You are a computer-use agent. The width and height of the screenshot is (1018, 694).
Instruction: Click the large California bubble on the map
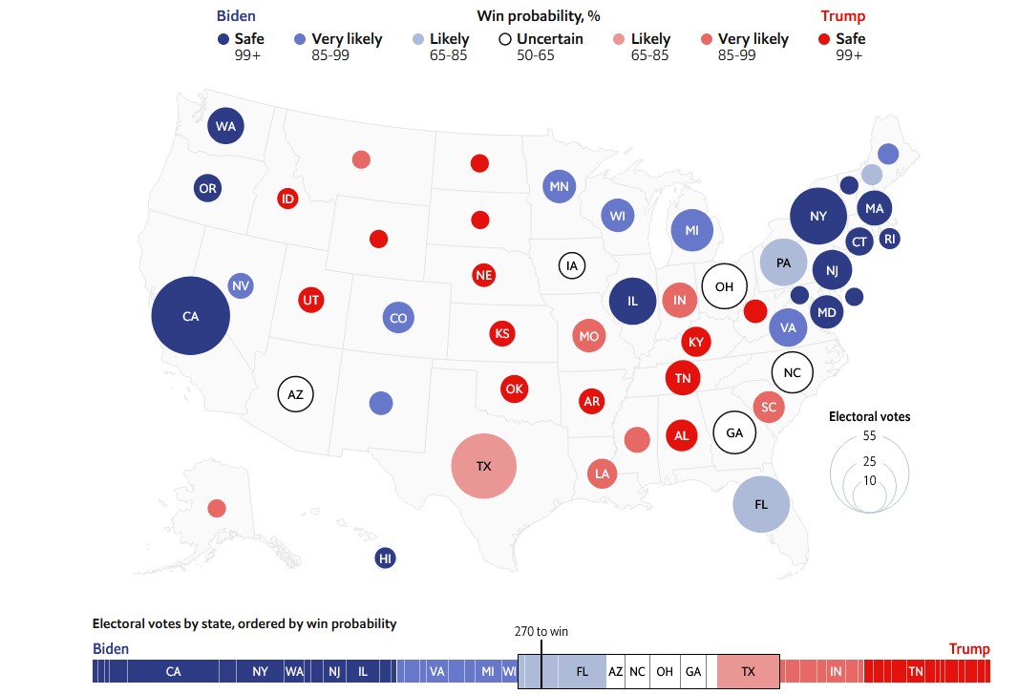click(x=191, y=316)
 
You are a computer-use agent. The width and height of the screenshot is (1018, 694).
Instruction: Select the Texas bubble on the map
click(x=483, y=467)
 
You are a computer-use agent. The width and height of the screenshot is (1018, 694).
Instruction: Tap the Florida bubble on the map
click(x=762, y=503)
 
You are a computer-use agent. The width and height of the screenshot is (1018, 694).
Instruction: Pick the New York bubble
click(x=818, y=217)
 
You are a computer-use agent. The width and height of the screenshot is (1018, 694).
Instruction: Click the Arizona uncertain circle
click(x=296, y=393)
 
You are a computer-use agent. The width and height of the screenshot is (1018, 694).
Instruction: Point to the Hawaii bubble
click(x=386, y=559)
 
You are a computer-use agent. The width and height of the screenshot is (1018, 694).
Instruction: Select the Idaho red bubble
click(x=287, y=199)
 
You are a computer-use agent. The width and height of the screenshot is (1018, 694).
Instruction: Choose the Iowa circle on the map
click(x=573, y=265)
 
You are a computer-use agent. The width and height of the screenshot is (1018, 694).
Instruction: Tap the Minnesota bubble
click(x=560, y=186)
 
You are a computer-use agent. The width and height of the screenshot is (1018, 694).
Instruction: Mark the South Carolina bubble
click(x=768, y=407)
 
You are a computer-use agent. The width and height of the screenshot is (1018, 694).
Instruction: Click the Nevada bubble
click(x=241, y=285)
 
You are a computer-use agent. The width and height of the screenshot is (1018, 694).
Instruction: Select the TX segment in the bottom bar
click(x=748, y=672)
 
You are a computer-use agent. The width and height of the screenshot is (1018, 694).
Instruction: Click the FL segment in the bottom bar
click(x=582, y=672)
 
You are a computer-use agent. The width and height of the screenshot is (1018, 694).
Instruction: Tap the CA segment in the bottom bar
click(x=173, y=672)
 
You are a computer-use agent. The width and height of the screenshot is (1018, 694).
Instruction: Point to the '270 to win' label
click(x=541, y=631)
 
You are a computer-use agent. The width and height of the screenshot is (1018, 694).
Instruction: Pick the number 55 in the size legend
click(x=869, y=435)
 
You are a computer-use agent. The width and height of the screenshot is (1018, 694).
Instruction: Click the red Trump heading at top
click(x=842, y=15)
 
